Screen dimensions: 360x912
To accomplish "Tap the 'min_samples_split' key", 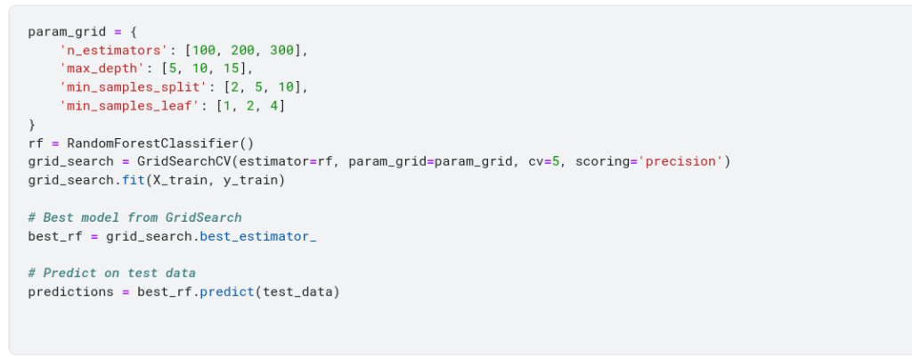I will point(129,87).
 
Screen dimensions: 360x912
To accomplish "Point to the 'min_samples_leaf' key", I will point(126,106).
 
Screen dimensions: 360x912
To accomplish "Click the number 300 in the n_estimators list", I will point(284,51).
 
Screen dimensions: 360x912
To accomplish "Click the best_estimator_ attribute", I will point(257,236).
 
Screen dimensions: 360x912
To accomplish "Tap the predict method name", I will point(226,291).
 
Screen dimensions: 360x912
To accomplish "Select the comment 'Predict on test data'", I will point(111,273).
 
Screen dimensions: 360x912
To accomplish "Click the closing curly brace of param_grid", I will point(32,125).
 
